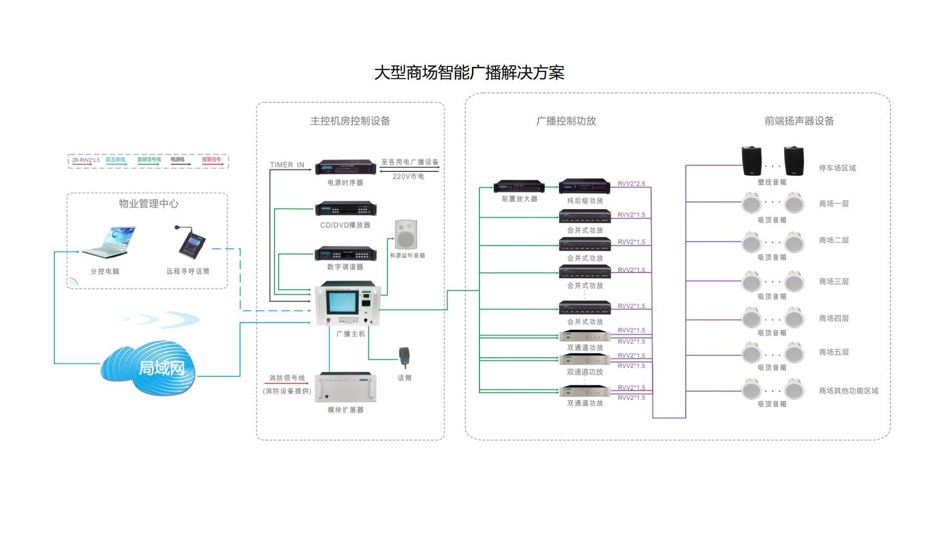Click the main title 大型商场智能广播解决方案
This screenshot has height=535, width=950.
(x=469, y=73)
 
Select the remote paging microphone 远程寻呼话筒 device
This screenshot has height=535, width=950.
(x=191, y=243)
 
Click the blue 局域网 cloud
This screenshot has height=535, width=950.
(x=148, y=367)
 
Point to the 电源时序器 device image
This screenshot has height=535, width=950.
(x=345, y=167)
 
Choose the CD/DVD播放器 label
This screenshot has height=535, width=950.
(x=345, y=225)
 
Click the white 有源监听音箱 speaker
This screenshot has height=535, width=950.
(x=406, y=235)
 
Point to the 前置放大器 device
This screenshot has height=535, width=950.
(x=519, y=187)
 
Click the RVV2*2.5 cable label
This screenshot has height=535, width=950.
(x=631, y=184)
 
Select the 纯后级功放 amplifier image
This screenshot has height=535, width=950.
(x=584, y=187)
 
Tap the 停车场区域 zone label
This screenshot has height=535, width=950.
(x=837, y=168)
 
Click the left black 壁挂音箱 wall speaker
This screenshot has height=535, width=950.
(x=752, y=160)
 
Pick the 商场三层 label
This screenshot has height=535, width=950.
(x=834, y=281)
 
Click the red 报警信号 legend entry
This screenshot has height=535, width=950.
(x=212, y=160)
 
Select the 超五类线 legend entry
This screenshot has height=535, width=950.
(x=115, y=160)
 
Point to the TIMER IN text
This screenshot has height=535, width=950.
(x=287, y=165)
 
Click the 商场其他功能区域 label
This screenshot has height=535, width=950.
(x=849, y=391)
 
